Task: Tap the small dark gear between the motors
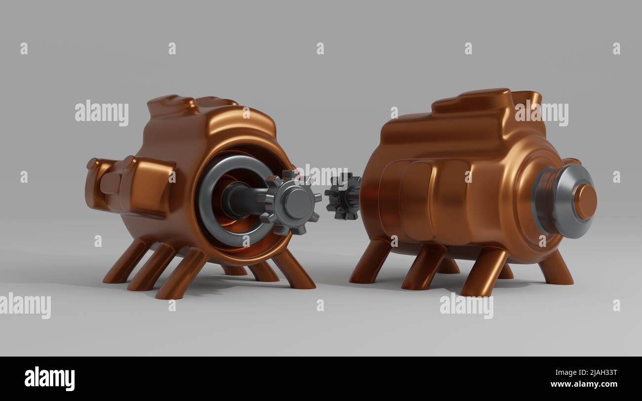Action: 343,196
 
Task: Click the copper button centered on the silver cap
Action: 585,201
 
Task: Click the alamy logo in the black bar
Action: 49,379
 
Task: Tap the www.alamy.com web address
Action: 584,384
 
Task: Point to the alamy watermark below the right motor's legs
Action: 466,306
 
